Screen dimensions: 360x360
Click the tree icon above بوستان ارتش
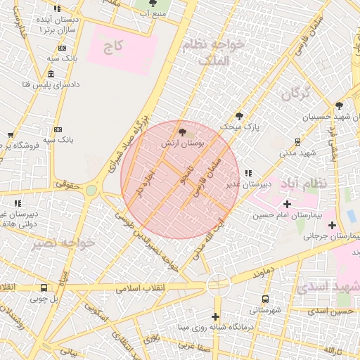click(x=183, y=131)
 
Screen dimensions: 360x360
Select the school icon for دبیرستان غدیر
click(x=247, y=174)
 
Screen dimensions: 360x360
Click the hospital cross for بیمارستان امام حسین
click(x=287, y=203)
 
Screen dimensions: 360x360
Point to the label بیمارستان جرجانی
click(x=331, y=236)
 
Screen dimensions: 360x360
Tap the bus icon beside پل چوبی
click(x=44, y=288)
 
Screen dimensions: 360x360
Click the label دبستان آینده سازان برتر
click(x=56, y=25)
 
